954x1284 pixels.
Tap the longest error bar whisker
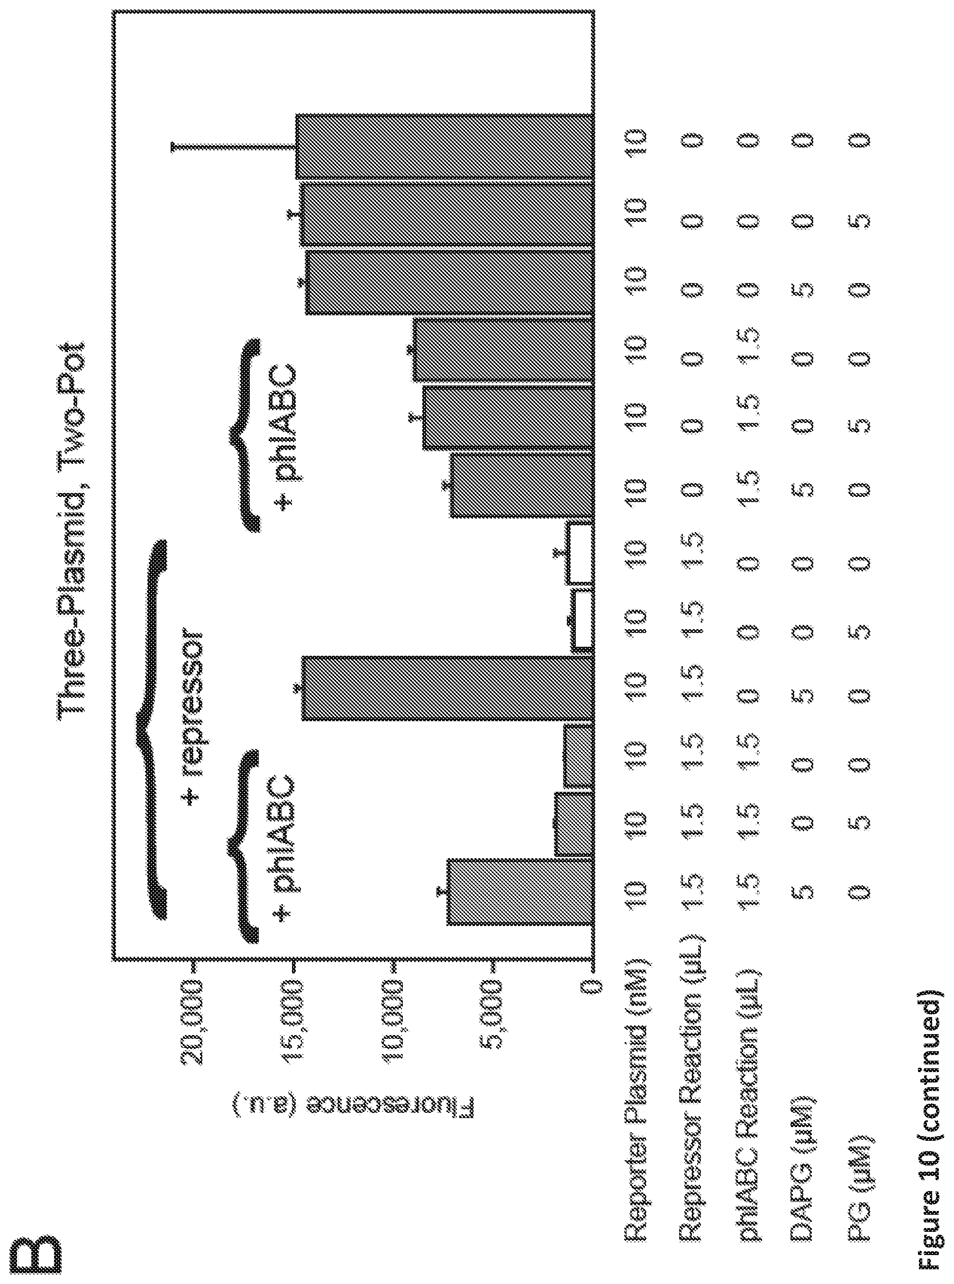click(x=234, y=147)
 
